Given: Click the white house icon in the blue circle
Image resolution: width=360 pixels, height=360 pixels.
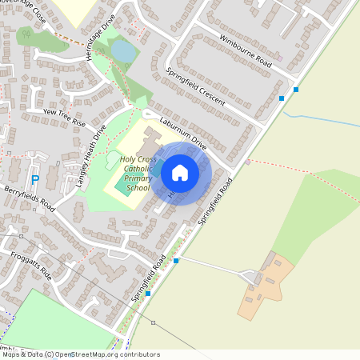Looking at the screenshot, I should (x=180, y=172).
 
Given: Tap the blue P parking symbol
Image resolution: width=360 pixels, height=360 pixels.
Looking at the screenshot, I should (x=34, y=181).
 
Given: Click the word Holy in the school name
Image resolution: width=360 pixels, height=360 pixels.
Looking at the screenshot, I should (x=128, y=159).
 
